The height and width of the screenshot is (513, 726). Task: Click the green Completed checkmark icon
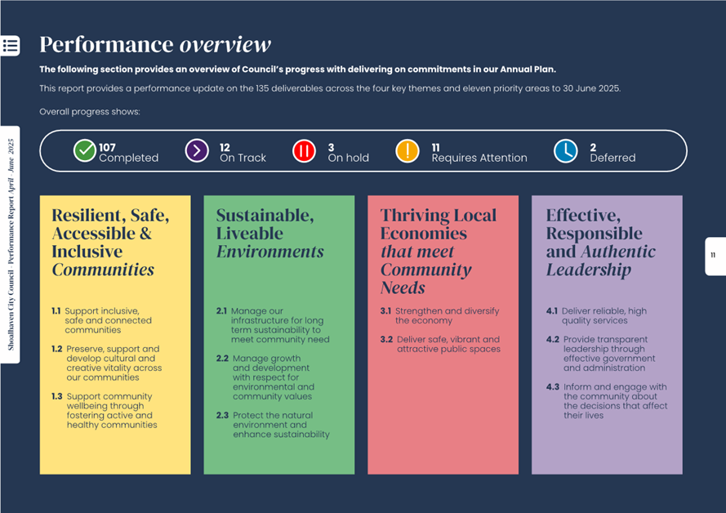pyautogui.click(x=85, y=151)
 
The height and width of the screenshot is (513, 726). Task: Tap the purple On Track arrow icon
pyautogui.click(x=197, y=151)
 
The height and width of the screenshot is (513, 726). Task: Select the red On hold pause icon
pyautogui.click(x=304, y=151)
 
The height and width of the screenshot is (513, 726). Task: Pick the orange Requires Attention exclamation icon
pyautogui.click(x=407, y=151)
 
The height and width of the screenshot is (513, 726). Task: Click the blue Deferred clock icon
pyautogui.click(x=565, y=151)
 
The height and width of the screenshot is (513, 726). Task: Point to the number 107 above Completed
pyautogui.click(x=107, y=148)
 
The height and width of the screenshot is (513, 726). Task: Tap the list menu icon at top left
pyautogui.click(x=10, y=46)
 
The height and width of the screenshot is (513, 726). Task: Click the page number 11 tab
pyautogui.click(x=714, y=256)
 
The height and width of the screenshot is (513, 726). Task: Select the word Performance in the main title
pyautogui.click(x=106, y=44)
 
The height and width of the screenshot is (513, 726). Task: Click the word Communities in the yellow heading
pyautogui.click(x=103, y=270)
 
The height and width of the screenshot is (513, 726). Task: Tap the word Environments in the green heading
pyautogui.click(x=269, y=252)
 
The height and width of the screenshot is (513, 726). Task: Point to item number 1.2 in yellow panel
pyautogui.click(x=56, y=349)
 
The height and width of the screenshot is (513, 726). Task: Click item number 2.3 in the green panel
pyautogui.click(x=222, y=415)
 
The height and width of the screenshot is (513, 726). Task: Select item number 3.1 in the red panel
pyautogui.click(x=385, y=311)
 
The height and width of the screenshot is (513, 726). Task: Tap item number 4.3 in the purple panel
pyautogui.click(x=552, y=387)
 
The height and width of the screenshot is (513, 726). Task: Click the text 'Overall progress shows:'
pyautogui.click(x=90, y=112)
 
